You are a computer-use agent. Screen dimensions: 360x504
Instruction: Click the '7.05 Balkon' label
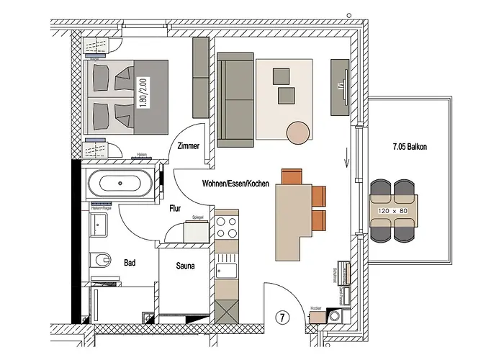tap(410, 147)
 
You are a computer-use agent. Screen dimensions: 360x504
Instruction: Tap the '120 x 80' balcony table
tap(393, 212)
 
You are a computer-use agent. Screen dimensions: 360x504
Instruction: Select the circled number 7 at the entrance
tap(283, 316)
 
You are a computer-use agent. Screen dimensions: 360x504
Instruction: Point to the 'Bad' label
tap(130, 263)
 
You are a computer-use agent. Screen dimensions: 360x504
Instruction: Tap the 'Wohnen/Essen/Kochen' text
tap(235, 184)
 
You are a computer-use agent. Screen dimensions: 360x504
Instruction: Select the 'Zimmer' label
tap(186, 146)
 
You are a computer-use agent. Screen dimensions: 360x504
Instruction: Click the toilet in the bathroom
tap(100, 257)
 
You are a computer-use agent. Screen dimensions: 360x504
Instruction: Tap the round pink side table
tap(299, 132)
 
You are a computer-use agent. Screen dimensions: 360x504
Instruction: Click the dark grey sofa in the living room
tap(235, 99)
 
